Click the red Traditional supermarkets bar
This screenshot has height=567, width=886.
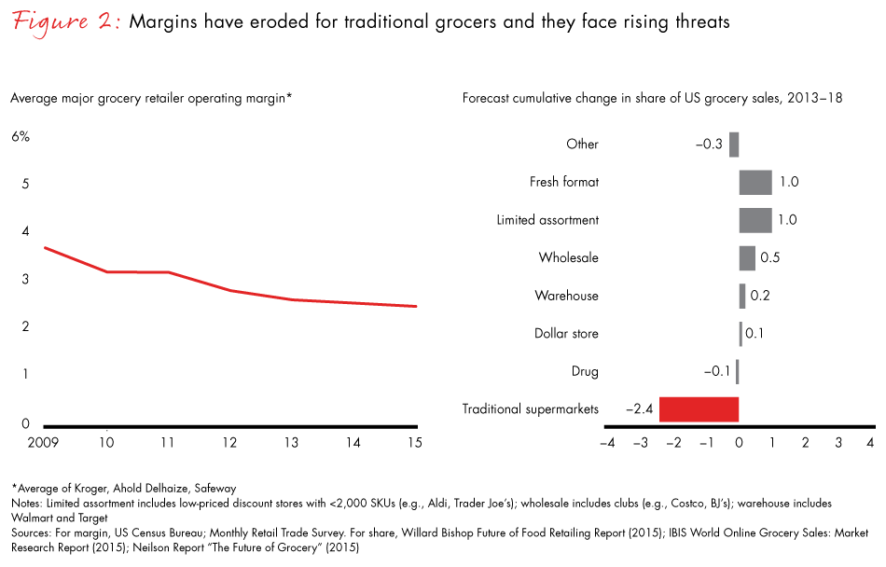(699, 409)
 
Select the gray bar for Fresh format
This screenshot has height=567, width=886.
(755, 182)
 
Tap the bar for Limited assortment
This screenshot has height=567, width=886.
(755, 220)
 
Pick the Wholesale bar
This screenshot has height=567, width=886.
(747, 258)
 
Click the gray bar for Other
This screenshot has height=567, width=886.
(734, 144)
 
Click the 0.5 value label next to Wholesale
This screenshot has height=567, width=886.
(770, 258)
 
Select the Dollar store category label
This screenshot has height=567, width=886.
(566, 334)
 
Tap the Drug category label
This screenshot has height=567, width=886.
(584, 371)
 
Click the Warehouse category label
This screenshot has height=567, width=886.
(566, 296)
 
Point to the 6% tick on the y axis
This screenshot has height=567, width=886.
(21, 136)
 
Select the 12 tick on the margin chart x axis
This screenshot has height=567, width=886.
(229, 443)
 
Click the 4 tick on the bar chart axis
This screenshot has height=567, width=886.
(870, 442)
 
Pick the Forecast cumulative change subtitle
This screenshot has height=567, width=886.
(652, 98)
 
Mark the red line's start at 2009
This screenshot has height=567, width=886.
(44, 247)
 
